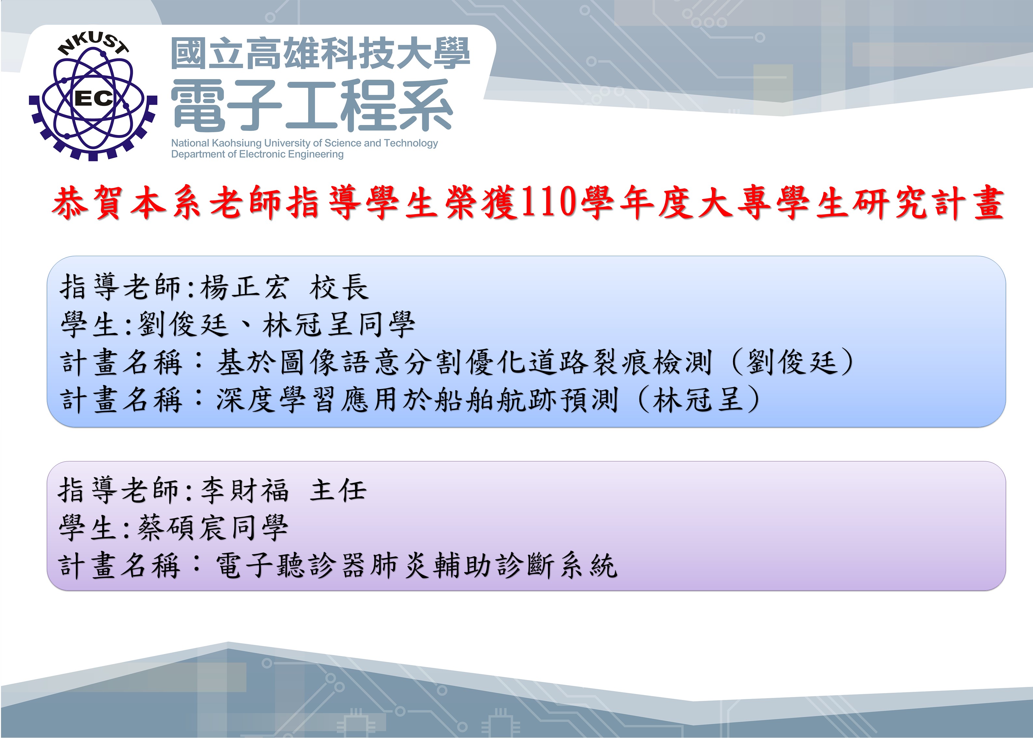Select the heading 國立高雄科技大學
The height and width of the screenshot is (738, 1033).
pyautogui.click(x=320, y=54)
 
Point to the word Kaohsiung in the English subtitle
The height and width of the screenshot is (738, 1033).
pyautogui.click(x=237, y=143)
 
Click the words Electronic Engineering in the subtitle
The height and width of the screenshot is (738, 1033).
pyautogui.click(x=291, y=155)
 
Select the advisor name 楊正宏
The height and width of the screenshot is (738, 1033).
pyautogui.click(x=244, y=287)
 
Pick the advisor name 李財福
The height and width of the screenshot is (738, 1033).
pyautogui.click(x=244, y=491)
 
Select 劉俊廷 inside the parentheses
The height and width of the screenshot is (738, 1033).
pyautogui.click(x=792, y=362)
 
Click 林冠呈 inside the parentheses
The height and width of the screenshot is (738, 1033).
pyautogui.click(x=698, y=400)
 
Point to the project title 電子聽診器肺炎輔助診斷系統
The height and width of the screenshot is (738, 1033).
pyautogui.click(x=416, y=566)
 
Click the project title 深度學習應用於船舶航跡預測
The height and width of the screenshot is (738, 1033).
pyautogui.click(x=416, y=400)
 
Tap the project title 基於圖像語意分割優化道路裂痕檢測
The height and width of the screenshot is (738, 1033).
pyautogui.click(x=463, y=362)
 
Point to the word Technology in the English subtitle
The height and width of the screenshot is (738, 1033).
pyautogui.click(x=411, y=143)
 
